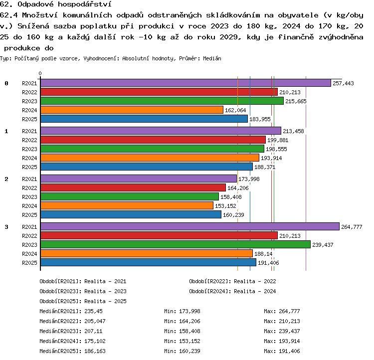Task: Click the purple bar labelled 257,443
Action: pyautogui.click(x=186, y=83)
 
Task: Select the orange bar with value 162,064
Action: pyautogui.click(x=132, y=110)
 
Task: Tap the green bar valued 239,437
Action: pyautogui.click(x=176, y=244)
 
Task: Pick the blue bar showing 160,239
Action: pyautogui.click(x=131, y=215)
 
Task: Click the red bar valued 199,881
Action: pyautogui.click(x=153, y=140)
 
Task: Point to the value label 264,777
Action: pyautogui.click(x=352, y=227)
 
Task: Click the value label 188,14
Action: pyautogui.click(x=263, y=254)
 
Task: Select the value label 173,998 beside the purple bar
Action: pyautogui.click(x=249, y=179)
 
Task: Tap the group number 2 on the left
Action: pyautogui.click(x=6, y=179)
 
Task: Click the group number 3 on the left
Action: pyautogui.click(x=6, y=227)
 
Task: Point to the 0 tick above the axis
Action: pyautogui.click(x=40, y=73)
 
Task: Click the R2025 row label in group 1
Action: pyautogui.click(x=29, y=167)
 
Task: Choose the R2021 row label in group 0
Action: pyautogui.click(x=29, y=83)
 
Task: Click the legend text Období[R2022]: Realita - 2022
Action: pyautogui.click(x=232, y=282)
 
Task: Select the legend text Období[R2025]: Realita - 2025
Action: pyautogui.click(x=83, y=301)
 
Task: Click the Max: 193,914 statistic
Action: pyautogui.click(x=282, y=341)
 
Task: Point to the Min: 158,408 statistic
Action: pyautogui.click(x=182, y=331)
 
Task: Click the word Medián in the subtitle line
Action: pyautogui.click(x=212, y=58)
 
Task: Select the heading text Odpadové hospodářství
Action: pyautogui.click(x=65, y=4)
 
